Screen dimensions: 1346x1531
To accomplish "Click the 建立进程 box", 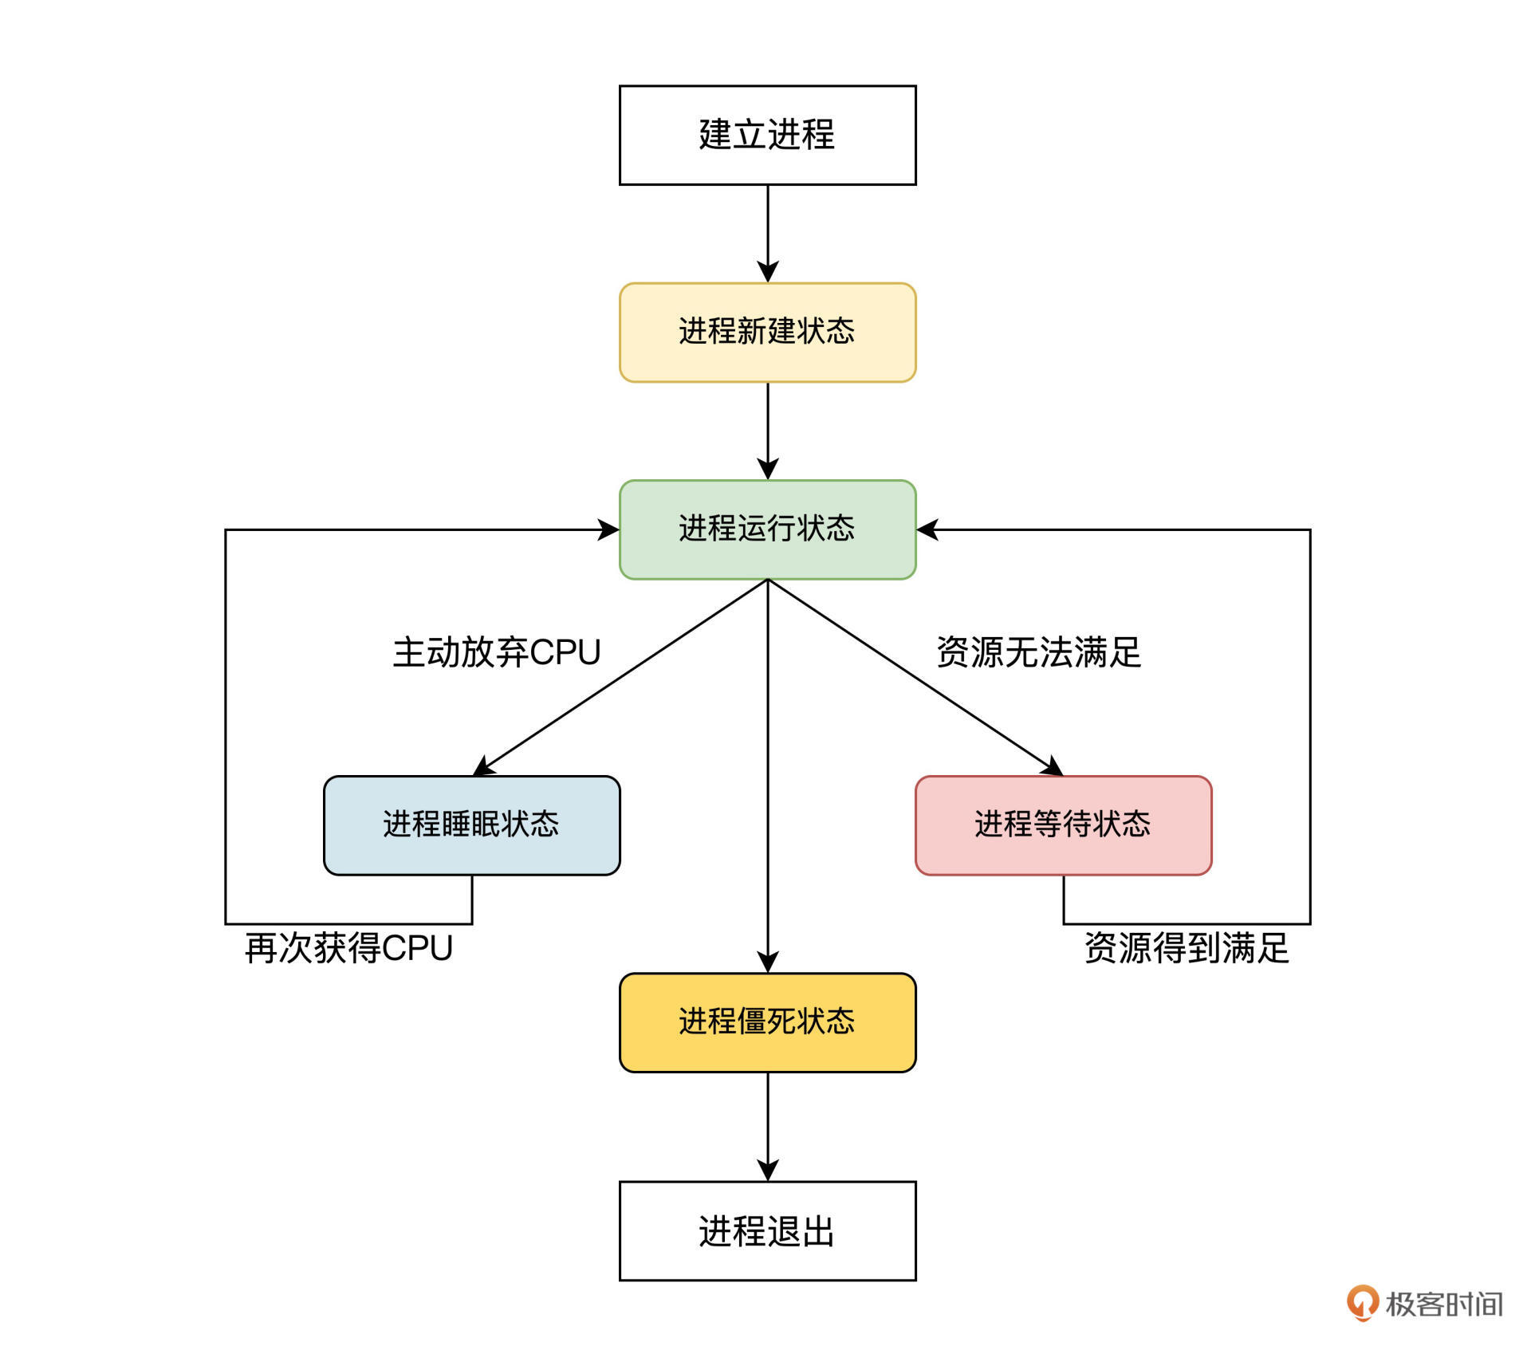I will [x=767, y=136].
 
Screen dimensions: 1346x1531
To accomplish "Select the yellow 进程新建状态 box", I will [x=767, y=332].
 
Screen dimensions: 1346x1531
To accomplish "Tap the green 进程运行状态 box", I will [x=767, y=529].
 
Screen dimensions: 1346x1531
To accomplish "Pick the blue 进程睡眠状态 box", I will [x=471, y=825].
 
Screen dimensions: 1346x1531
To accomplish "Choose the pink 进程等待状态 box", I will [x=1063, y=825].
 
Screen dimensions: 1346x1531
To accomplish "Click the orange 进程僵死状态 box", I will [x=767, y=1021].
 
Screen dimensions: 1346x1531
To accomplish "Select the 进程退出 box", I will [x=767, y=1230].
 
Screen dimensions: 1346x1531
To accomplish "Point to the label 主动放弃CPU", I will [x=496, y=652].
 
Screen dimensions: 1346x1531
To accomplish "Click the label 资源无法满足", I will [x=1038, y=652].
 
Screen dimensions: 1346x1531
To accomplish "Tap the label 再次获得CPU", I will [x=348, y=948].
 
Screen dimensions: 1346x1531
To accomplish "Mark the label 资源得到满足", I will [x=1187, y=948].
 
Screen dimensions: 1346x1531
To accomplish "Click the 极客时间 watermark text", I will [x=1444, y=1305].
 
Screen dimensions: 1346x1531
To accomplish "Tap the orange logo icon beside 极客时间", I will [x=1362, y=1302].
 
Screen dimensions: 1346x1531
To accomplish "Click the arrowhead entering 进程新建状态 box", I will [x=767, y=272].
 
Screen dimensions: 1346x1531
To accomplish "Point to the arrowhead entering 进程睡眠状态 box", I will [x=484, y=767].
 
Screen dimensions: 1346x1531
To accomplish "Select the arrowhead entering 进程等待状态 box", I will [x=1052, y=767].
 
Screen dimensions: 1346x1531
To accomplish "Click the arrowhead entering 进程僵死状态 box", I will [x=767, y=962].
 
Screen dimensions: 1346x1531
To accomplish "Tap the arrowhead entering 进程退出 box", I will [x=767, y=1171].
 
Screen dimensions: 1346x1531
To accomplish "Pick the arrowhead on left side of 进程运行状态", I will [x=609, y=529].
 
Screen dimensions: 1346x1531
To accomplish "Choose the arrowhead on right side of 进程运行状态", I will [x=927, y=529].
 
